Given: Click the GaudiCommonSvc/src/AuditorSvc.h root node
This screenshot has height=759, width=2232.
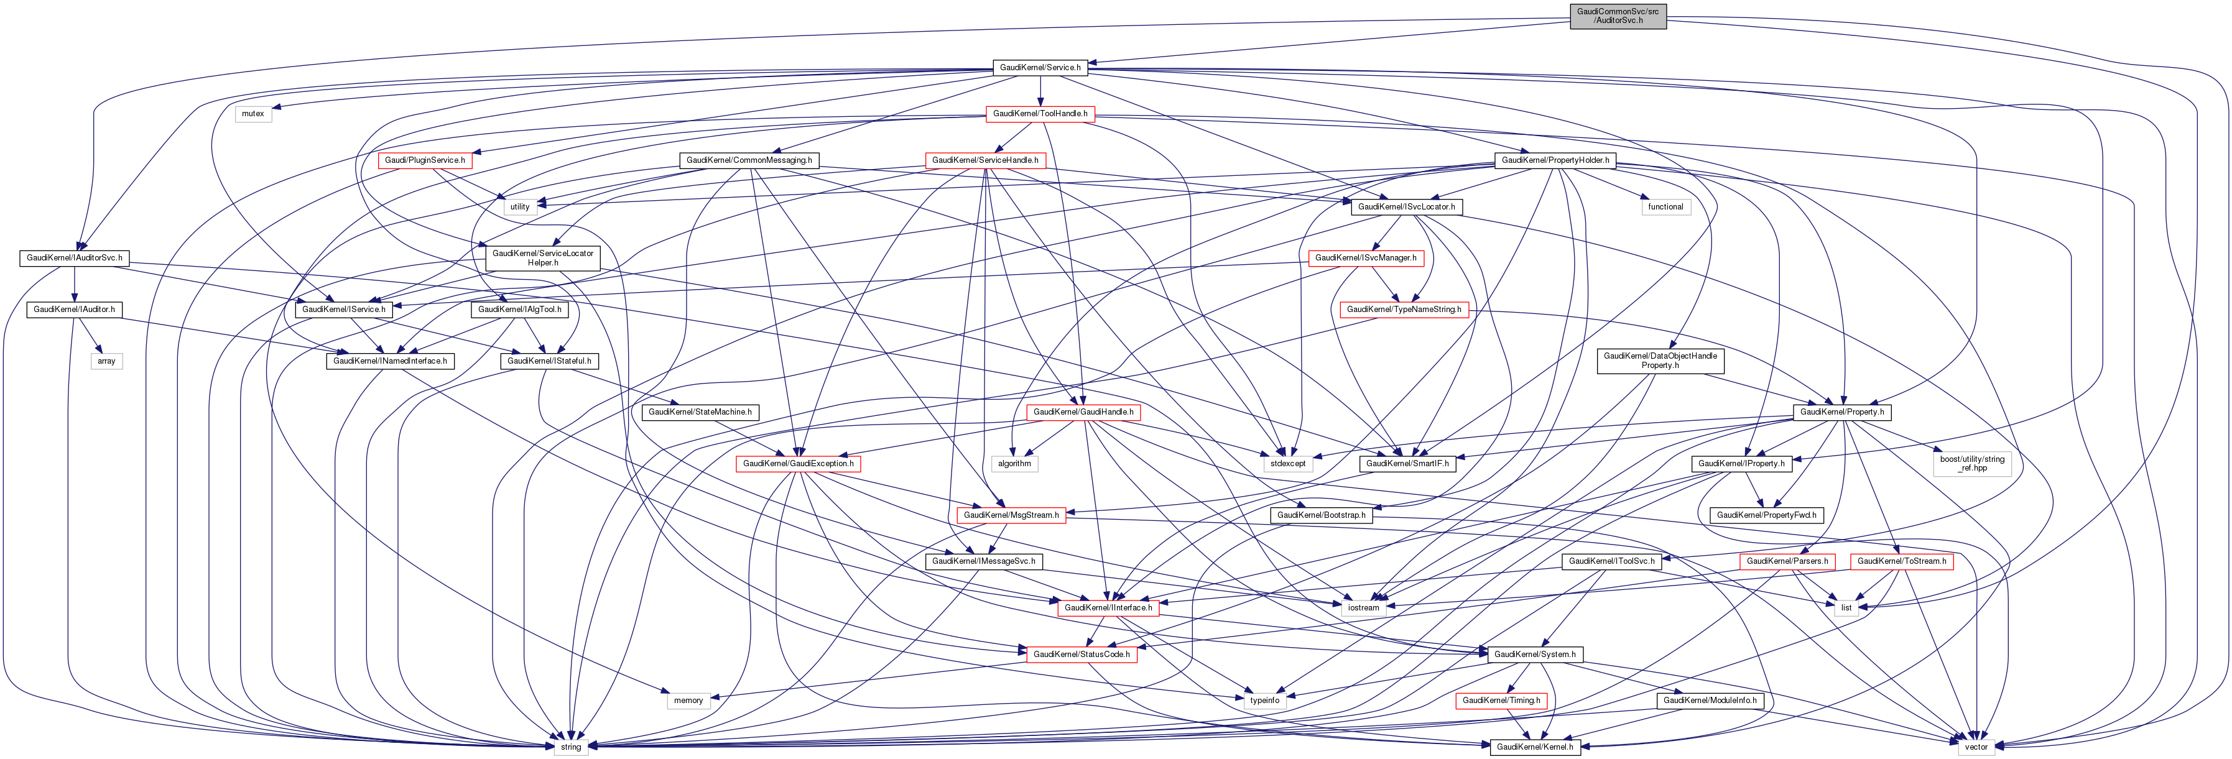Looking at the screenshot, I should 1618,16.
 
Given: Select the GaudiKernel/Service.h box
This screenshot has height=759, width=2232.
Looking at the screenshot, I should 1040,68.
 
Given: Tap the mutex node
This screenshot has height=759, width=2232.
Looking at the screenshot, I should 253,114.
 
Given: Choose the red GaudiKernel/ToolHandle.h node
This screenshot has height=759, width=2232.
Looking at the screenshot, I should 1040,114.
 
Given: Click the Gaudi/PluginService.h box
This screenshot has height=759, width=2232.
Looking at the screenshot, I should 425,160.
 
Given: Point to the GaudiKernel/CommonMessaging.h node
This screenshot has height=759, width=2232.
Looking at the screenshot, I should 749,160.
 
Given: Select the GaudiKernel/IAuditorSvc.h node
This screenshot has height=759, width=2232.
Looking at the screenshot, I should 75,258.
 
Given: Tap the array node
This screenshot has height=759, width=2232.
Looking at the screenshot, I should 106,361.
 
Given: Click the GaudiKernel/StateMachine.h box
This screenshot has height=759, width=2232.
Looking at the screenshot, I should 700,412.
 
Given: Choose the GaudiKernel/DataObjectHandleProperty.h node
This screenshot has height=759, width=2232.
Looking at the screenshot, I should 1660,361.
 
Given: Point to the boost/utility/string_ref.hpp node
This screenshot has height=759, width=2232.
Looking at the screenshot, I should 1972,464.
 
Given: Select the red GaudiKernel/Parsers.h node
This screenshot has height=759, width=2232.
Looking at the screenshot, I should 1787,561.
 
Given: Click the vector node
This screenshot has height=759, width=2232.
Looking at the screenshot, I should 1976,747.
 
